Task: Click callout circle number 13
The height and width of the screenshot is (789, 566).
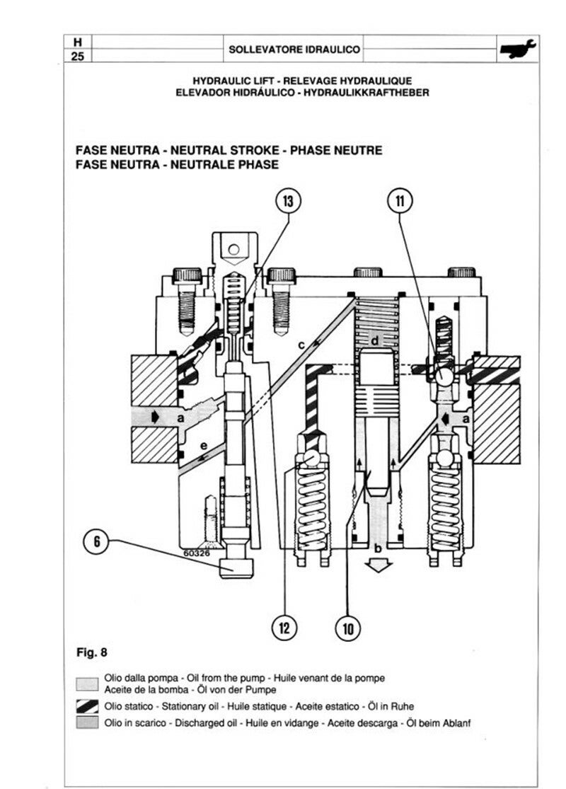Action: click(288, 201)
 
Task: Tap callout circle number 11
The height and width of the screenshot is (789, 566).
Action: click(400, 201)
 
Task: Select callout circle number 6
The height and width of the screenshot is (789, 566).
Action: click(97, 541)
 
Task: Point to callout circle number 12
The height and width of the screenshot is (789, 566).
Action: click(284, 628)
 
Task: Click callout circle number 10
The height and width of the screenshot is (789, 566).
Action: click(348, 628)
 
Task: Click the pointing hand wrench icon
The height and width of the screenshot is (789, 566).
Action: click(518, 49)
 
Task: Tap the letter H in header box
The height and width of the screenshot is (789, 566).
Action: click(78, 42)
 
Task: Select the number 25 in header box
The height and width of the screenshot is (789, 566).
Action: click(78, 57)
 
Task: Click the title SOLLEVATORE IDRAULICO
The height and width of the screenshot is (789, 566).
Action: click(294, 50)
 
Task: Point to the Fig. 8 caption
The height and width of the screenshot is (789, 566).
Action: click(91, 652)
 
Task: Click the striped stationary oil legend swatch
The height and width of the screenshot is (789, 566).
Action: click(87, 706)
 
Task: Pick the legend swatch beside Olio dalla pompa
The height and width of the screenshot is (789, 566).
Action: click(87, 684)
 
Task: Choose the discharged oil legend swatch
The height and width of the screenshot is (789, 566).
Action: click(87, 722)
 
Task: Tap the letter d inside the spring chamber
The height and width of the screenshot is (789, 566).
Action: click(375, 340)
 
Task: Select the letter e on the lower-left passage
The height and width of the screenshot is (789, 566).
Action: click(203, 446)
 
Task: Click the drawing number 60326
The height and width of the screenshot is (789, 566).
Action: click(196, 553)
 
